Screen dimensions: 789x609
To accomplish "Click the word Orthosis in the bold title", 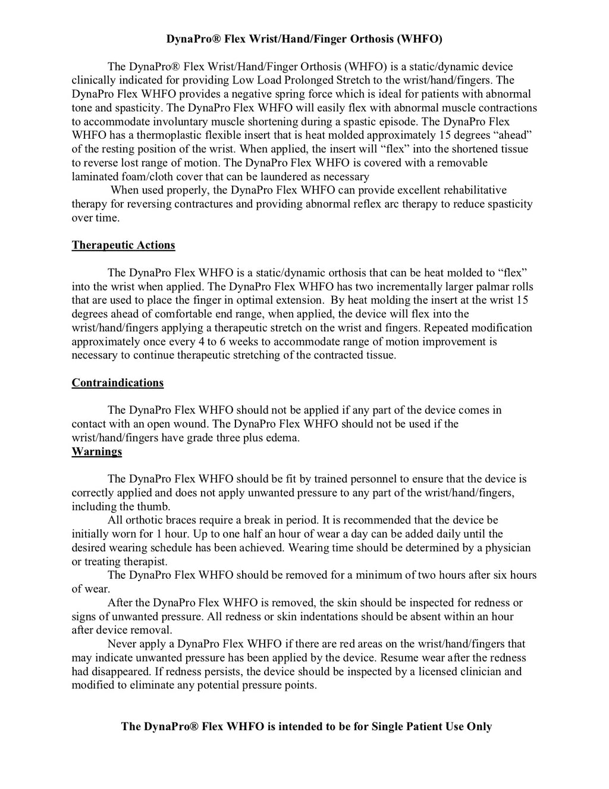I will click(x=368, y=39).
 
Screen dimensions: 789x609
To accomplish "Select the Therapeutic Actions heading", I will click(x=123, y=245).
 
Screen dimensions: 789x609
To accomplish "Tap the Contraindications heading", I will click(x=118, y=383).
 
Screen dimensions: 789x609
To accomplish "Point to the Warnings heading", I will click(x=97, y=451).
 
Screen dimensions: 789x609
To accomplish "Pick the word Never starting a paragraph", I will click(x=123, y=644).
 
